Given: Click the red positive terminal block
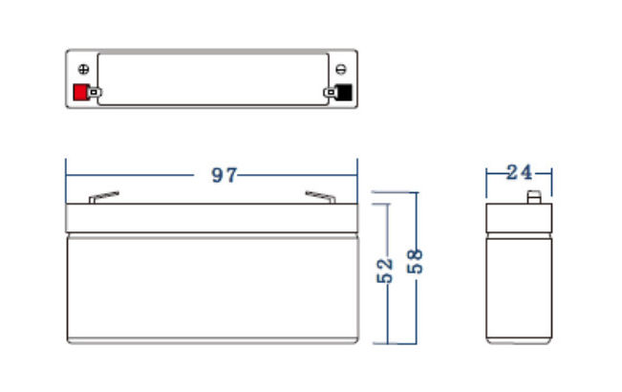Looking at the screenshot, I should (x=79, y=93).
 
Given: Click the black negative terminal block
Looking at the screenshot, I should (x=343, y=93).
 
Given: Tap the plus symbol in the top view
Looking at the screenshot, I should (x=82, y=69).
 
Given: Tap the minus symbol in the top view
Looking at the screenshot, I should (x=341, y=69).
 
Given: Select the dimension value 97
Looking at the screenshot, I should (x=223, y=175).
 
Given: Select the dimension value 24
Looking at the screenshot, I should (x=519, y=173).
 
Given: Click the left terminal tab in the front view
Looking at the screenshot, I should (x=103, y=198).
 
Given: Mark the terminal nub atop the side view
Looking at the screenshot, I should (x=535, y=199).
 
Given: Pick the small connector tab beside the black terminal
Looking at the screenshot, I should (x=330, y=93).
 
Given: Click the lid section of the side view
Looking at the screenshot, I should (x=519, y=217).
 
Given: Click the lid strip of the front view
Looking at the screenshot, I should (x=210, y=217).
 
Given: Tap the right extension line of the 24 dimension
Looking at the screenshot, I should (x=551, y=182).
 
